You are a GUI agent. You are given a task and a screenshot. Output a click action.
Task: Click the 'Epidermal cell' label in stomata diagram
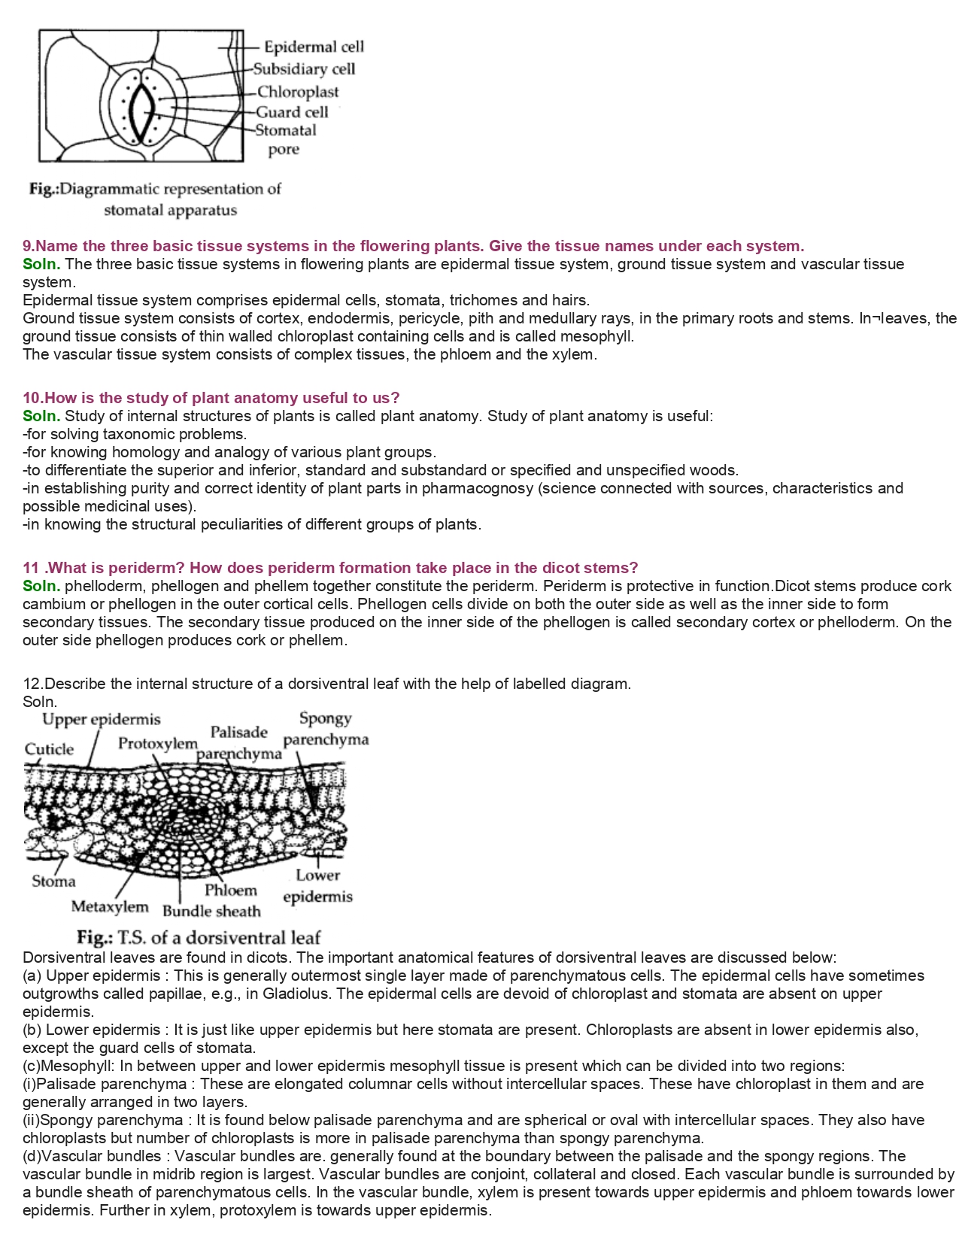313,47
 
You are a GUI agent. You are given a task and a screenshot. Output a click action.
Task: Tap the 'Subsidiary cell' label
304,69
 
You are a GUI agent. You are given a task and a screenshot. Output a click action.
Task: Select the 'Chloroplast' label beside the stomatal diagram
298,92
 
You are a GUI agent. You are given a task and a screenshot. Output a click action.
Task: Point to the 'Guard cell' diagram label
293,112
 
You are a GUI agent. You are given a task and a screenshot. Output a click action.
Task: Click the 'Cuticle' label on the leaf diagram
49,749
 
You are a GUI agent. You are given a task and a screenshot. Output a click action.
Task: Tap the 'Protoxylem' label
157,743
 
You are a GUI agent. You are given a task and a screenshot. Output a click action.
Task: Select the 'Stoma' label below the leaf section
53,881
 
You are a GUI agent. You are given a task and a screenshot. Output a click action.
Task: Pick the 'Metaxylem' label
110,906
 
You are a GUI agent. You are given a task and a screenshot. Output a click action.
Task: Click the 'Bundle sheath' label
211,911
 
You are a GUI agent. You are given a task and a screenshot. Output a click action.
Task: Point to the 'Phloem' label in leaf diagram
231,890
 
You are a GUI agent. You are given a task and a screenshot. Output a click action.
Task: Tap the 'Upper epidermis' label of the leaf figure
102,720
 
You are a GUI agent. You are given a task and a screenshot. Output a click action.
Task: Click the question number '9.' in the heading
29,246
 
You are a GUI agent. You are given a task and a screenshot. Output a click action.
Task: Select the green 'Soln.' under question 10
41,416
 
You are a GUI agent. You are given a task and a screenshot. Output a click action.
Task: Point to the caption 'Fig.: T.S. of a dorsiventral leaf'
199,937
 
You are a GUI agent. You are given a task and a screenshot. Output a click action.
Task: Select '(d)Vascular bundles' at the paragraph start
92,1156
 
